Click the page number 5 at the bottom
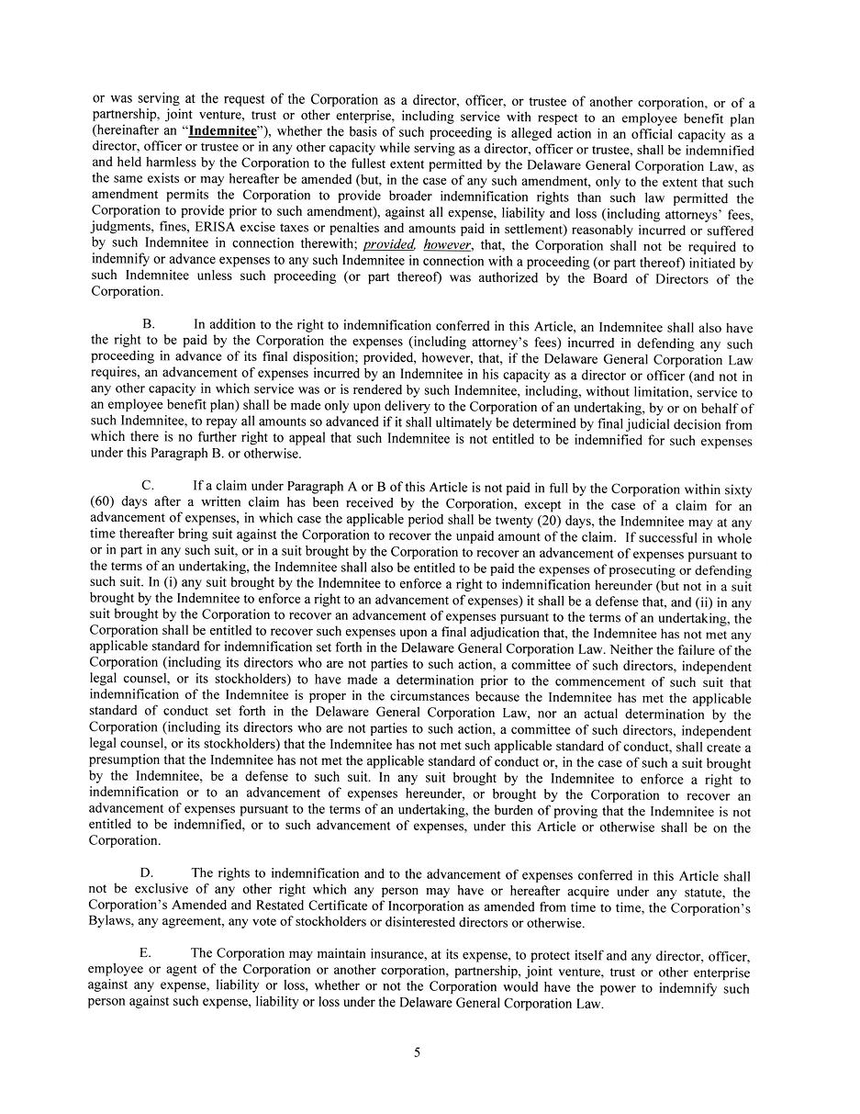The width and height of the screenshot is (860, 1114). coord(417,1052)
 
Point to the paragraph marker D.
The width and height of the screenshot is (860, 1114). coord(146,873)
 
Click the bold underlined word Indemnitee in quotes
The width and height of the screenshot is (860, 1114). coord(223,131)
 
